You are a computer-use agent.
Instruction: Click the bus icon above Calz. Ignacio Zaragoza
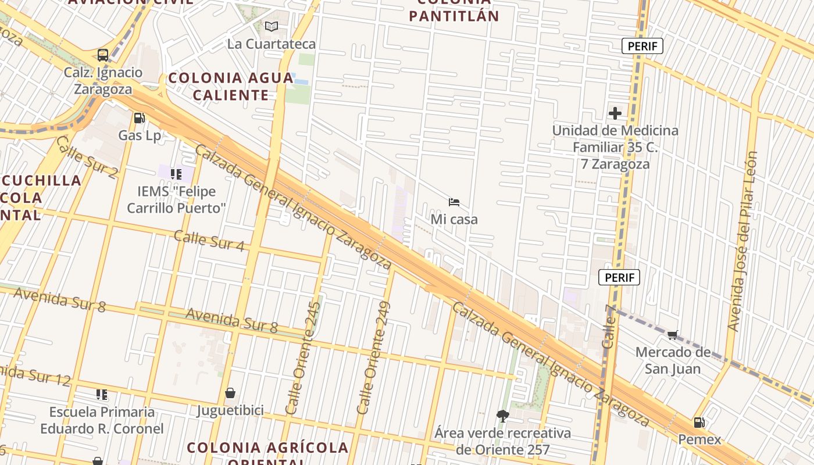[x=103, y=55]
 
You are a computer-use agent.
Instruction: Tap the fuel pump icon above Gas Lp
[x=139, y=118]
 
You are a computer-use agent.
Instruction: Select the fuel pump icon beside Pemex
[x=699, y=423]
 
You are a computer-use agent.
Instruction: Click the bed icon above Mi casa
[x=454, y=202]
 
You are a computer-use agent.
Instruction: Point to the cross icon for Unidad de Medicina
[x=615, y=113]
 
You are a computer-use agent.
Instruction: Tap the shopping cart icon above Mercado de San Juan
[x=673, y=335]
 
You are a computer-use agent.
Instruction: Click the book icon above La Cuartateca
[x=271, y=26]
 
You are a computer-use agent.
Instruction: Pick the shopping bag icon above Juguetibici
[x=230, y=393]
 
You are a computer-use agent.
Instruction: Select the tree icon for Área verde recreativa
[x=503, y=416]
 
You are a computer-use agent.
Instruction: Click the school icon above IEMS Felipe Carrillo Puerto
[x=176, y=174]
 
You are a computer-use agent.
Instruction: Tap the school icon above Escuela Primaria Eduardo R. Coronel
[x=102, y=395]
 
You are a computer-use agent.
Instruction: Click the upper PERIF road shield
[x=642, y=46]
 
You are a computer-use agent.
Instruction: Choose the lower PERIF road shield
[x=619, y=277]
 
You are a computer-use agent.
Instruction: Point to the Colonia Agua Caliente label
[x=231, y=86]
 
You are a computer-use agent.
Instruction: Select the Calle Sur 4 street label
[x=209, y=241]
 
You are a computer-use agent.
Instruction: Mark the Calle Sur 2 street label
[x=87, y=156]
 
